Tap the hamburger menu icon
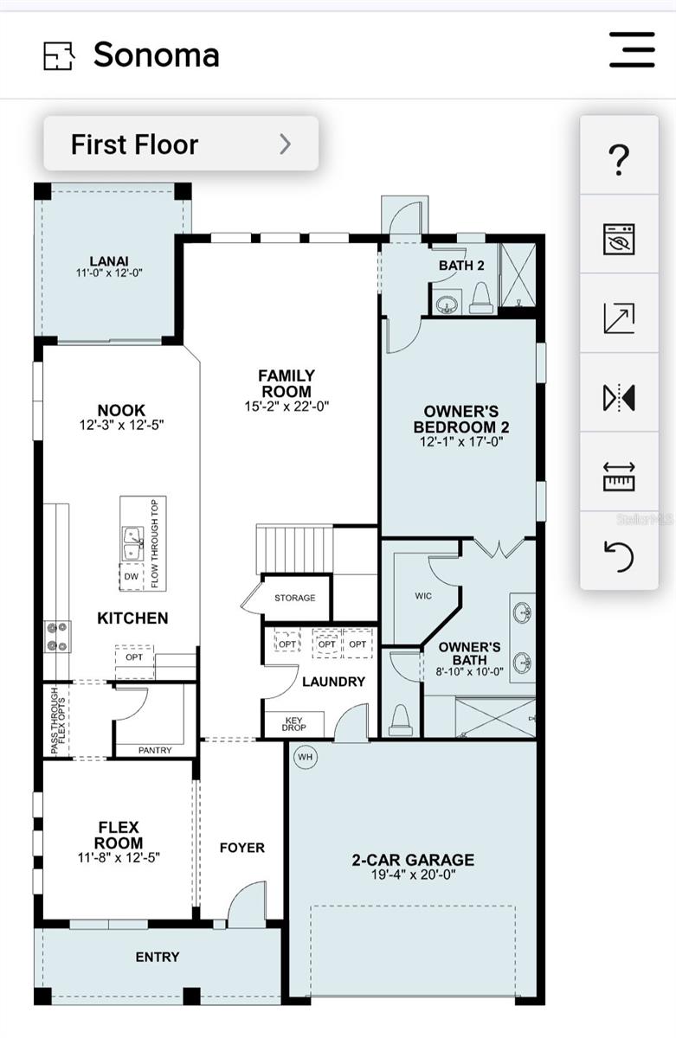pos(632,49)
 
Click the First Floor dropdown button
pos(181,144)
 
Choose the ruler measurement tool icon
pos(619,477)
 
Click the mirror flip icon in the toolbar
pos(619,397)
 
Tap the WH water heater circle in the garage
pos(305,757)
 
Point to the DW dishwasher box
pos(132,576)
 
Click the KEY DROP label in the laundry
pos(293,724)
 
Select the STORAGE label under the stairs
pos(295,598)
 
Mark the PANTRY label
pos(155,750)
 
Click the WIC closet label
pos(423,596)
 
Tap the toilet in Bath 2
pos(482,298)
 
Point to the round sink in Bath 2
pos(447,304)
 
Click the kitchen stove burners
pos(57,637)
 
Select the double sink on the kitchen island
pos(133,543)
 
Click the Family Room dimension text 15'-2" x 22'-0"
pos(286,407)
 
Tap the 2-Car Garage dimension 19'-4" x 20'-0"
pos(413,875)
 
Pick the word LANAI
pos(109,261)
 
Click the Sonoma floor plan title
pos(157,54)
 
